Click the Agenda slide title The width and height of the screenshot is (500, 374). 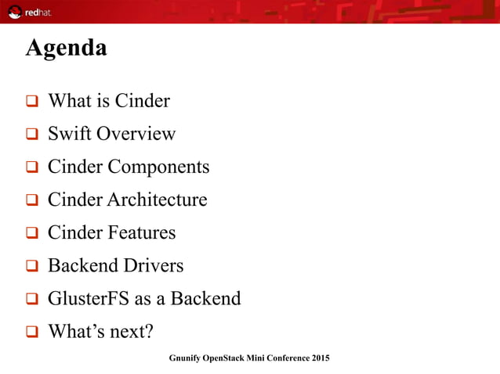coord(66,49)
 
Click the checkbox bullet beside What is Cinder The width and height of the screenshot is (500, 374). coord(32,102)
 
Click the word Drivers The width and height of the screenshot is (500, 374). coord(154,265)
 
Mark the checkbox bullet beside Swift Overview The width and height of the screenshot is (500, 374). coord(32,135)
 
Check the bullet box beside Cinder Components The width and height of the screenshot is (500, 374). coord(32,167)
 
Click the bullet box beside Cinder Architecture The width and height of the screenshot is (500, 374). coord(32,200)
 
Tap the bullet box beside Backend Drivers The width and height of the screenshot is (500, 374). coord(32,266)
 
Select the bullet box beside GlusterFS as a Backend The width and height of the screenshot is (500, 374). coord(32,299)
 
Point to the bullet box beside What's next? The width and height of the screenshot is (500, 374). coord(32,332)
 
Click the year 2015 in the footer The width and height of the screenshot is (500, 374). coord(320,358)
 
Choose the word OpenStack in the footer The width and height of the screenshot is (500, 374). coord(227,358)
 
